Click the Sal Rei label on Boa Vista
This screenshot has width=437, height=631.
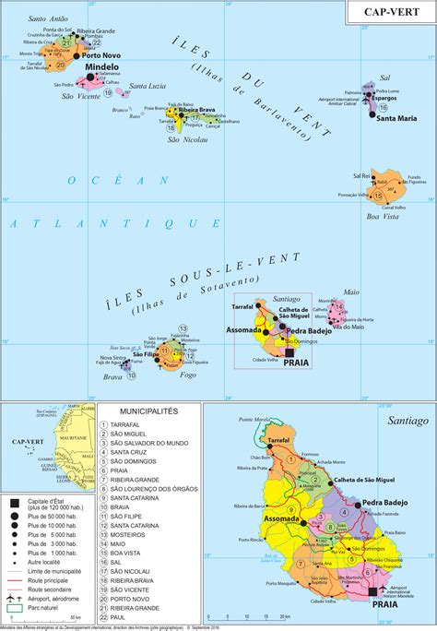[360, 174]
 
